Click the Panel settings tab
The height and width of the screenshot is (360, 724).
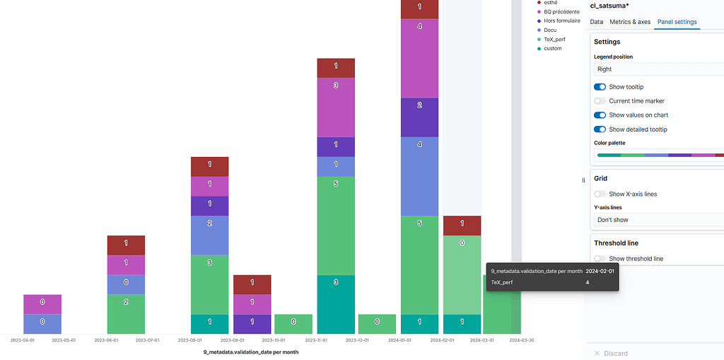click(677, 22)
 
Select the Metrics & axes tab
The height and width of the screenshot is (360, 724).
click(629, 22)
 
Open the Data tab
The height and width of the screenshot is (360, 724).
click(597, 22)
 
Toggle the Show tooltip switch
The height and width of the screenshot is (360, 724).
click(600, 87)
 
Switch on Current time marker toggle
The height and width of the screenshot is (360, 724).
click(600, 101)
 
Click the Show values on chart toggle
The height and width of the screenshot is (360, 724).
click(600, 115)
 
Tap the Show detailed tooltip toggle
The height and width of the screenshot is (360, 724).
click(600, 129)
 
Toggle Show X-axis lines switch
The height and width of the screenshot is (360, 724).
click(600, 194)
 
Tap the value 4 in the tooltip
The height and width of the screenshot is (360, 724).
click(587, 282)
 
